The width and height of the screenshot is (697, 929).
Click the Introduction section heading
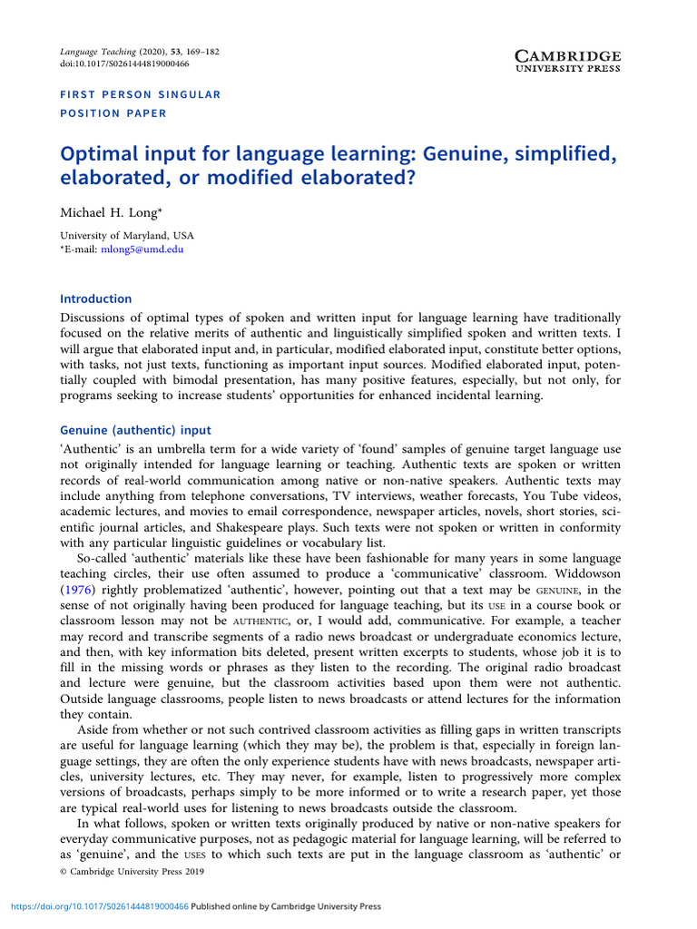95,298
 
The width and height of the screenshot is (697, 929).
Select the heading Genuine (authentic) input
135,430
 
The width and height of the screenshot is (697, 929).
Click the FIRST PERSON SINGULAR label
140,94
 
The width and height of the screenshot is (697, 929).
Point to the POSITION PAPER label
113,113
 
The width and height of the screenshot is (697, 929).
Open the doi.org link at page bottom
99,906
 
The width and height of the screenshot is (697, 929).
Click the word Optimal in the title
99,154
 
